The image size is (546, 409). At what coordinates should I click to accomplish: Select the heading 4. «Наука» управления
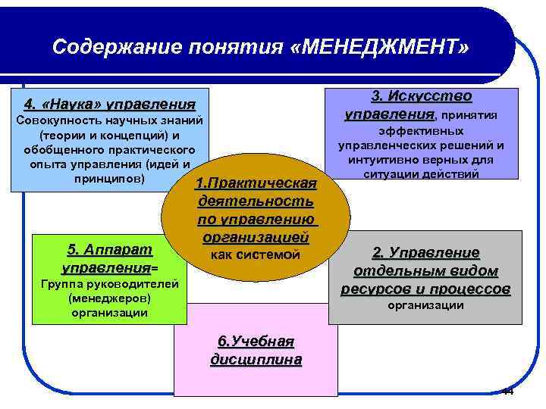[109, 103]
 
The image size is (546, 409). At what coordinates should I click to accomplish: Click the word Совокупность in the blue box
[54, 121]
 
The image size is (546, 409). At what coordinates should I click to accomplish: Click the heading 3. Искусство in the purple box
[421, 97]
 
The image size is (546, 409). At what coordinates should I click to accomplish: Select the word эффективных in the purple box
[422, 131]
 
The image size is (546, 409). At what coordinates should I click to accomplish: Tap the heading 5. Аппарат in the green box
[109, 250]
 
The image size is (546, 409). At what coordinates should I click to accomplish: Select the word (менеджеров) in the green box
[109, 298]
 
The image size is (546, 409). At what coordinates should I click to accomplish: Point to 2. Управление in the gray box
[425, 253]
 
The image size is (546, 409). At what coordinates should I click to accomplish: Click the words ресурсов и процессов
[425, 289]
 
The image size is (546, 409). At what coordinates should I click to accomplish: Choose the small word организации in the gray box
[425, 306]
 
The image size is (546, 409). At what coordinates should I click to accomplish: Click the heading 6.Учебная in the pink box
[256, 342]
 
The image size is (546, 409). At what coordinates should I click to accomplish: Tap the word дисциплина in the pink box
[256, 360]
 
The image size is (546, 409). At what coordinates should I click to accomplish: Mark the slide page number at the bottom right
[507, 392]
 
